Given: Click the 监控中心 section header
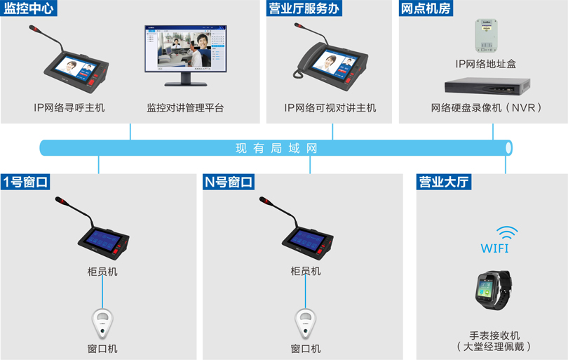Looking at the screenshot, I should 29,9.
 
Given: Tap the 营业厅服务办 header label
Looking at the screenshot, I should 304,9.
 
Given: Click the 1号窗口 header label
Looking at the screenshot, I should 26,182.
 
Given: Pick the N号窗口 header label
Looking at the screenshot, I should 229,182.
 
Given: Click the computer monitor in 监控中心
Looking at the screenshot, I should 187,55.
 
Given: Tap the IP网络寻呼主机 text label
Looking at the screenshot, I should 69,108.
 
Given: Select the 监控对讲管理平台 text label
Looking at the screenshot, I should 185,108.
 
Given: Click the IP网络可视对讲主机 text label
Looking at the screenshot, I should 330,108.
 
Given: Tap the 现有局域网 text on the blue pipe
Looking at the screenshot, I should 276,148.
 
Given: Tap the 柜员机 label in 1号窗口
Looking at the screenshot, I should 102,271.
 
